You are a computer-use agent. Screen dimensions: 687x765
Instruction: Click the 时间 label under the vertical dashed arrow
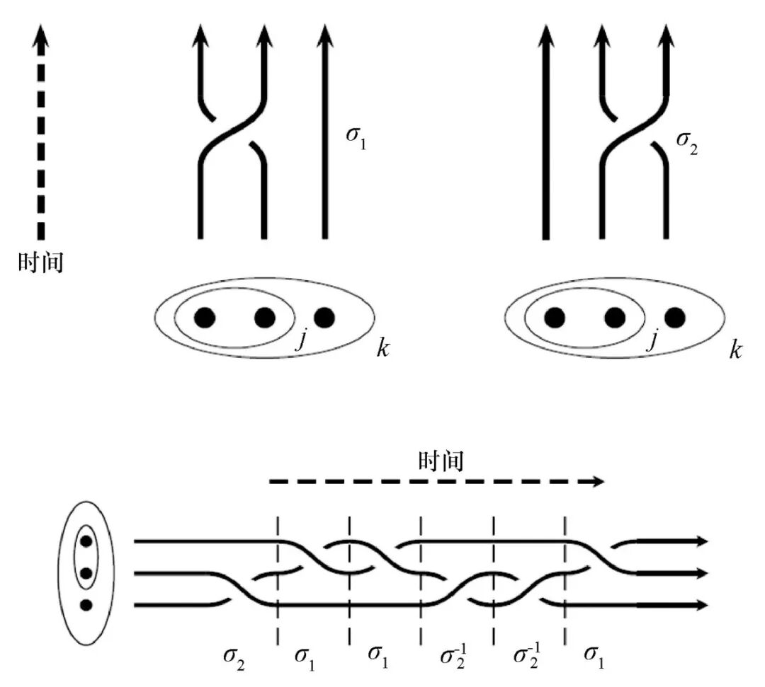[41, 263]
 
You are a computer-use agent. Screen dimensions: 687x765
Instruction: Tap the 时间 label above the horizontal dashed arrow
[441, 461]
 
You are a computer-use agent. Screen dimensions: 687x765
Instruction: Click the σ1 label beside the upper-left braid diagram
[356, 133]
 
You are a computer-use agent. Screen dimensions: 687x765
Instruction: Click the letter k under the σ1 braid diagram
[383, 349]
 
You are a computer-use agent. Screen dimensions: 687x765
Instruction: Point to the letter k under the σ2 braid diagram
[735, 349]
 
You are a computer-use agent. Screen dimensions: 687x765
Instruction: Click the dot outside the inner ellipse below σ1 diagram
[324, 318]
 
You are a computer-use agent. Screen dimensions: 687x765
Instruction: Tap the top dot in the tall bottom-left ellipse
[86, 541]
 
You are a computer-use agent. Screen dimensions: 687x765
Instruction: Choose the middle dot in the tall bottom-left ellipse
[86, 572]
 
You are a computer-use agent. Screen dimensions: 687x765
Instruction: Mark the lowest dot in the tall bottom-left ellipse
[86, 605]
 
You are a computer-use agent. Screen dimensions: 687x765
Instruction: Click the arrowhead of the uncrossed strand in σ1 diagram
[325, 37]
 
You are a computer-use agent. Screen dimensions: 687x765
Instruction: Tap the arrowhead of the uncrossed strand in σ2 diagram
[546, 37]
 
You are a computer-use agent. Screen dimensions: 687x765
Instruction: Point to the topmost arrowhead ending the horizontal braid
[701, 541]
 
